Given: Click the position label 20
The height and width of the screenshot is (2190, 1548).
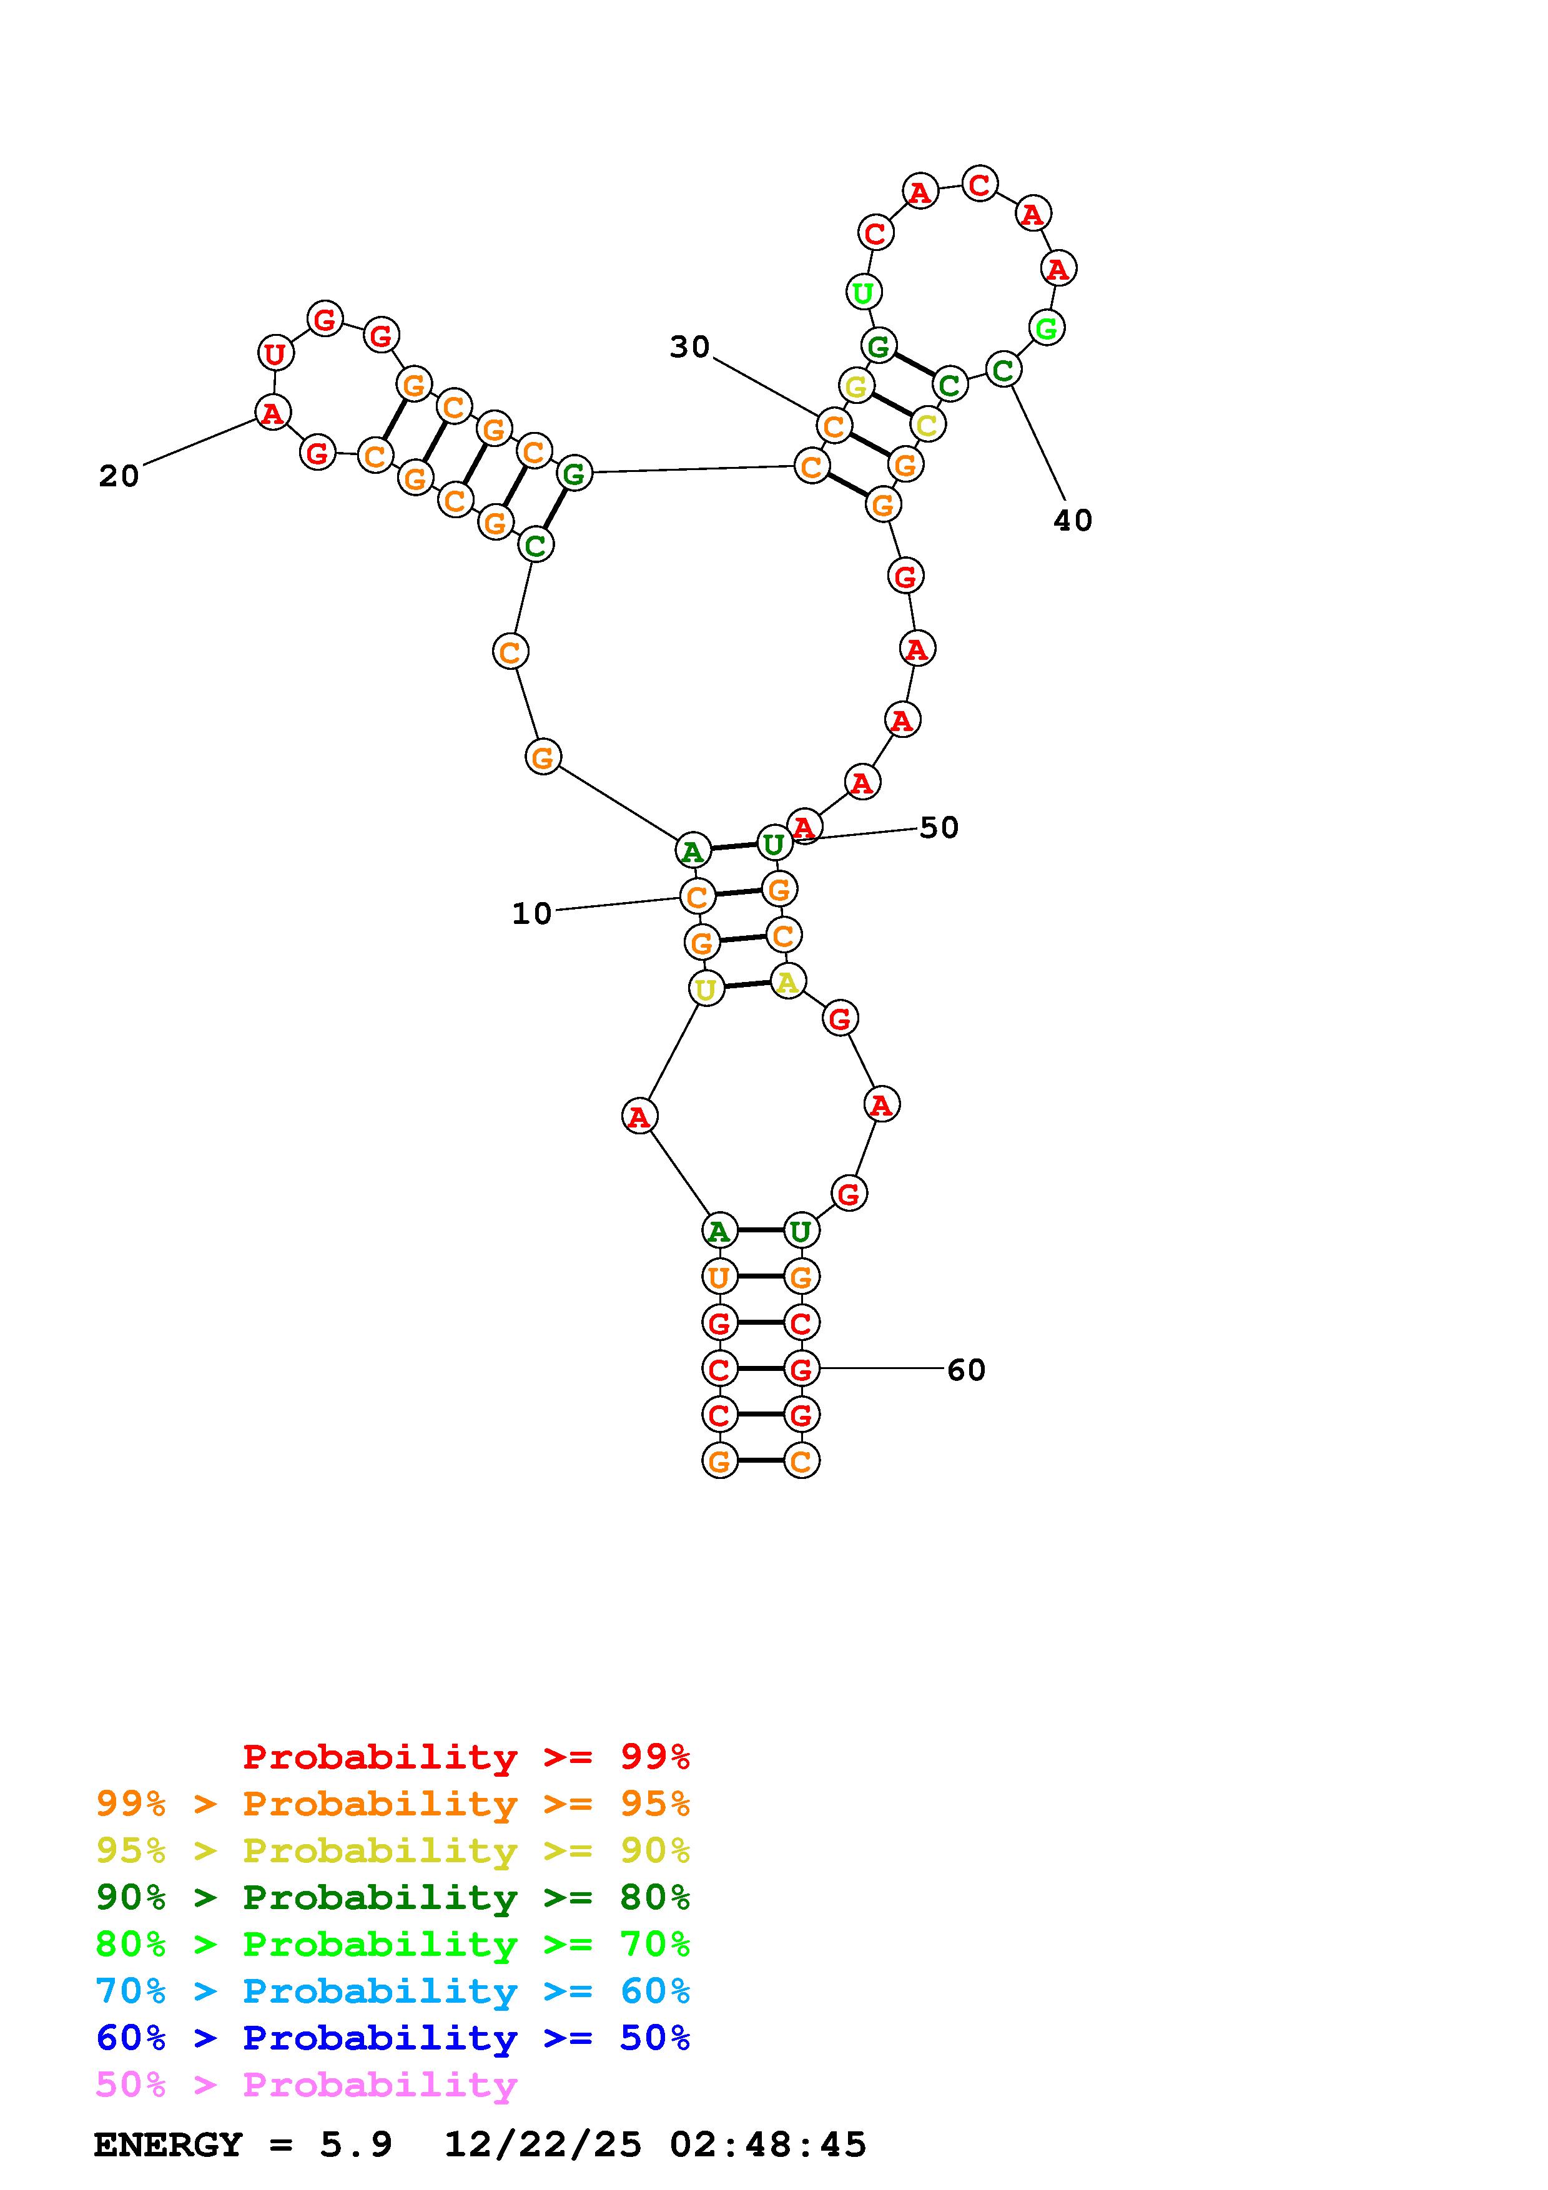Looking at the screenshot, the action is pos(119,476).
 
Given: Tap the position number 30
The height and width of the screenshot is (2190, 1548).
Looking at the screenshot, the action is pos(689,347).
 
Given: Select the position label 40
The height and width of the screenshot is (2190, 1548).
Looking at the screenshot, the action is pos(1073,521).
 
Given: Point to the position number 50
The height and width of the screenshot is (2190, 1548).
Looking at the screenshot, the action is pos(939,828).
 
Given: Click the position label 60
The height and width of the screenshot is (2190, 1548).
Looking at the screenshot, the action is pos(966,1371).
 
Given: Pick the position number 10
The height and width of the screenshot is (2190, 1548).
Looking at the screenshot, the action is pos(532,914).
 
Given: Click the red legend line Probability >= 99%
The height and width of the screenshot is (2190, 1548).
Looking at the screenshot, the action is pos(466,1757).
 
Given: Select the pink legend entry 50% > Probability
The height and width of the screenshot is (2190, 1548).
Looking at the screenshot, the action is pos(306,2085).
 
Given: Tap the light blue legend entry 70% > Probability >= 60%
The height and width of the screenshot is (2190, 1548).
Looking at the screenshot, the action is pos(393,1991).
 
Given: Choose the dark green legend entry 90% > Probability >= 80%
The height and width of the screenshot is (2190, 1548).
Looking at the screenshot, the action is pos(393,1898).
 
